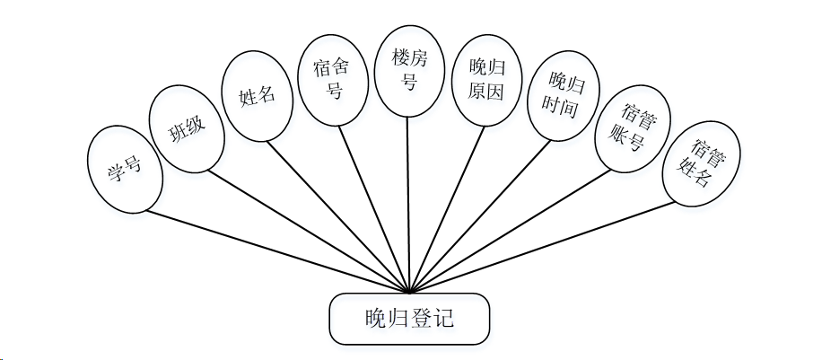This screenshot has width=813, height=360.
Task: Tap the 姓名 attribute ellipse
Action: pyautogui.click(x=257, y=95)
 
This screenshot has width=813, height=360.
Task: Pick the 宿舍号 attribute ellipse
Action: pyautogui.click(x=332, y=79)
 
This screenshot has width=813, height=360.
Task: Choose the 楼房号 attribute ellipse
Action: pyautogui.click(x=409, y=70)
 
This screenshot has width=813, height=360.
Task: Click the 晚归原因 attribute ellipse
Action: pyautogui.click(x=486, y=79)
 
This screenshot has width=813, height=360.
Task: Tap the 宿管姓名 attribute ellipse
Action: pyautogui.click(x=701, y=163)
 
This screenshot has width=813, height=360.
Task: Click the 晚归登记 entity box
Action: pyautogui.click(x=409, y=319)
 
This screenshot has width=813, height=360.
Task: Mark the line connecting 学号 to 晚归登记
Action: pyautogui.click(x=278, y=252)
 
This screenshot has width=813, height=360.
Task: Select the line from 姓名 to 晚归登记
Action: pyautogui.click(x=339, y=216)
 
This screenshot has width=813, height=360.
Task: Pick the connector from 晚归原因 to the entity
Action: pyautogui.click(x=447, y=208)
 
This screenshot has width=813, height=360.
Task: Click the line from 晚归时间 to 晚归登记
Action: pyautogui.click(x=479, y=216)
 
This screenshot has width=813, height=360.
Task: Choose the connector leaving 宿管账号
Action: pyautogui.click(x=510, y=231)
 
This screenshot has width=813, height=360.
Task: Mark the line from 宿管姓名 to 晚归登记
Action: pyautogui.click(x=543, y=247)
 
